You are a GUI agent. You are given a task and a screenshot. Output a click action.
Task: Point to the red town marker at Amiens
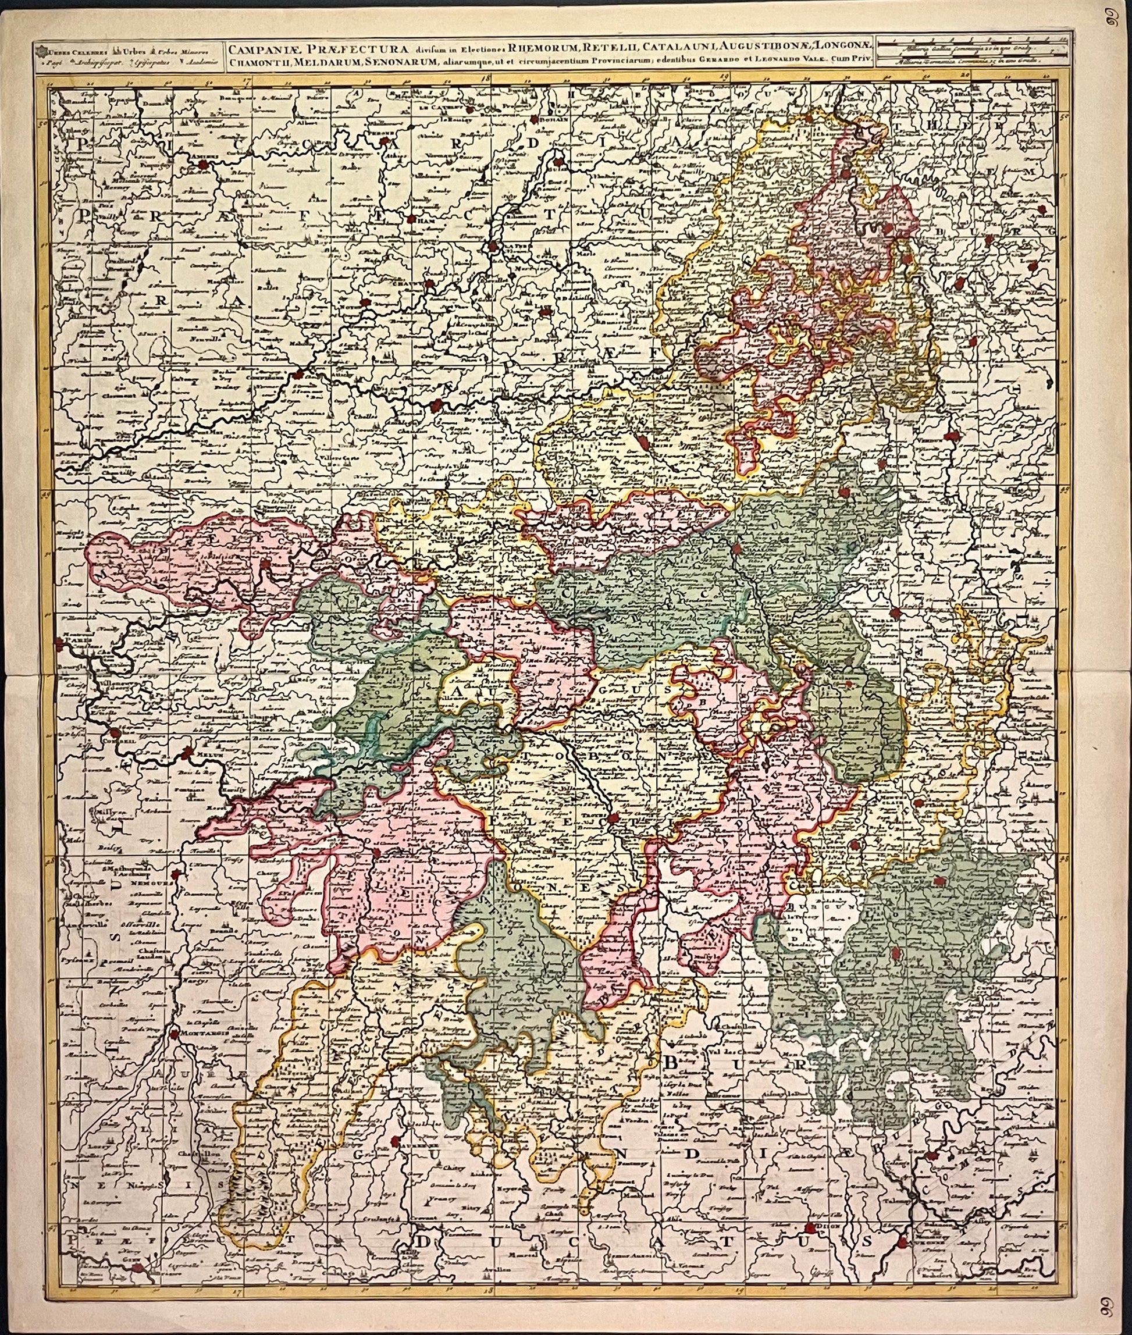(x=204, y=165)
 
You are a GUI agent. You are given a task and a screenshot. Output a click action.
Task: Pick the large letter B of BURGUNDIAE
(x=671, y=1062)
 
